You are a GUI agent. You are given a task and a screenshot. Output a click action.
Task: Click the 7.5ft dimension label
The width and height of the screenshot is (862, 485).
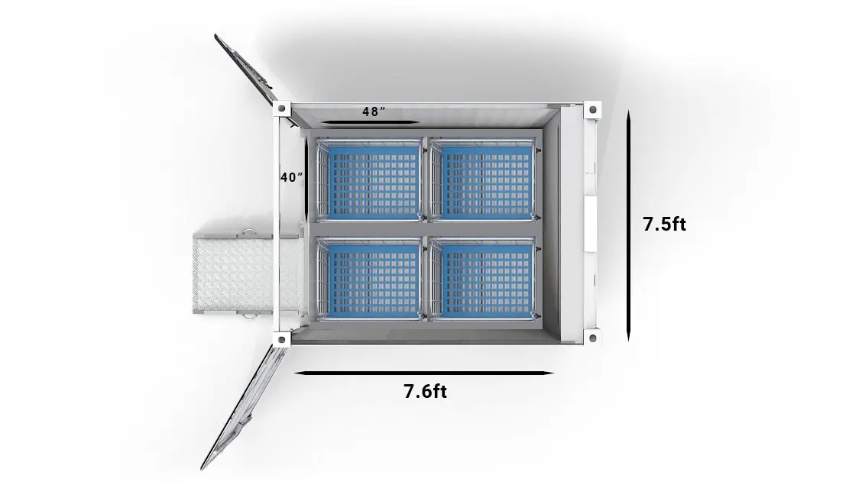pyautogui.click(x=665, y=224)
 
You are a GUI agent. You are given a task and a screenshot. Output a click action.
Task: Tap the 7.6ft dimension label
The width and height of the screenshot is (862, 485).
pyautogui.click(x=425, y=391)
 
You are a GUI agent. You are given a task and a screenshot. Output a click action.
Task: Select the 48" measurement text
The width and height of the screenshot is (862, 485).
pyautogui.click(x=373, y=112)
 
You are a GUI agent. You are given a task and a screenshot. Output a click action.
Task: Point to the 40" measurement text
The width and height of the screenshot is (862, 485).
pyautogui.click(x=292, y=177)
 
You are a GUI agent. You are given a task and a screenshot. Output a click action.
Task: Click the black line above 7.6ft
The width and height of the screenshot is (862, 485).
pyautogui.click(x=424, y=373)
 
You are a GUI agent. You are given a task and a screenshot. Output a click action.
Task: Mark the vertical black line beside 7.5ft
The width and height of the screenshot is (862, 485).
pyautogui.click(x=628, y=225)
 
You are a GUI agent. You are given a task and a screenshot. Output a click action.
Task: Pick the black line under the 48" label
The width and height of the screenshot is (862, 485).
pyautogui.click(x=370, y=122)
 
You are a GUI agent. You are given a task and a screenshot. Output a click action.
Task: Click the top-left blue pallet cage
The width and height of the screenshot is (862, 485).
pyautogui.click(x=369, y=179)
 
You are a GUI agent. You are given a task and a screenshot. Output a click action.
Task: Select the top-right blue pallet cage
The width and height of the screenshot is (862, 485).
pyautogui.click(x=483, y=179)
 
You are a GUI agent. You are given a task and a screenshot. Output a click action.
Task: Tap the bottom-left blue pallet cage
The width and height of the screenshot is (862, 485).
pyautogui.click(x=369, y=279)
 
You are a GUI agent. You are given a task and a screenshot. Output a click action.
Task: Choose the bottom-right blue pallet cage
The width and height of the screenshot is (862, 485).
pyautogui.click(x=483, y=279)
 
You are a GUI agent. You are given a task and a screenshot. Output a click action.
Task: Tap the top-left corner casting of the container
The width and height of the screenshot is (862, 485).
pyautogui.click(x=282, y=108)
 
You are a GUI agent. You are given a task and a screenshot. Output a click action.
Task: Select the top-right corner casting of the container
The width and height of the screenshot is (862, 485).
pyautogui.click(x=592, y=109)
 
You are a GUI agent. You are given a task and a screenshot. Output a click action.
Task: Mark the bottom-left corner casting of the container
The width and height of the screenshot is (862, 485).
pyautogui.click(x=282, y=339)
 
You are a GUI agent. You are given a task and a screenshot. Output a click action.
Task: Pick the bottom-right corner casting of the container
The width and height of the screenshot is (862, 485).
pyautogui.click(x=592, y=337)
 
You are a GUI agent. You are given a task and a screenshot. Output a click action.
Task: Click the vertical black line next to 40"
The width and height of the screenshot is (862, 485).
pyautogui.click(x=306, y=177)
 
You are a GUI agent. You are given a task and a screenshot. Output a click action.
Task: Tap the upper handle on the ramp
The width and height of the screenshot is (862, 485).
pyautogui.click(x=250, y=231)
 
